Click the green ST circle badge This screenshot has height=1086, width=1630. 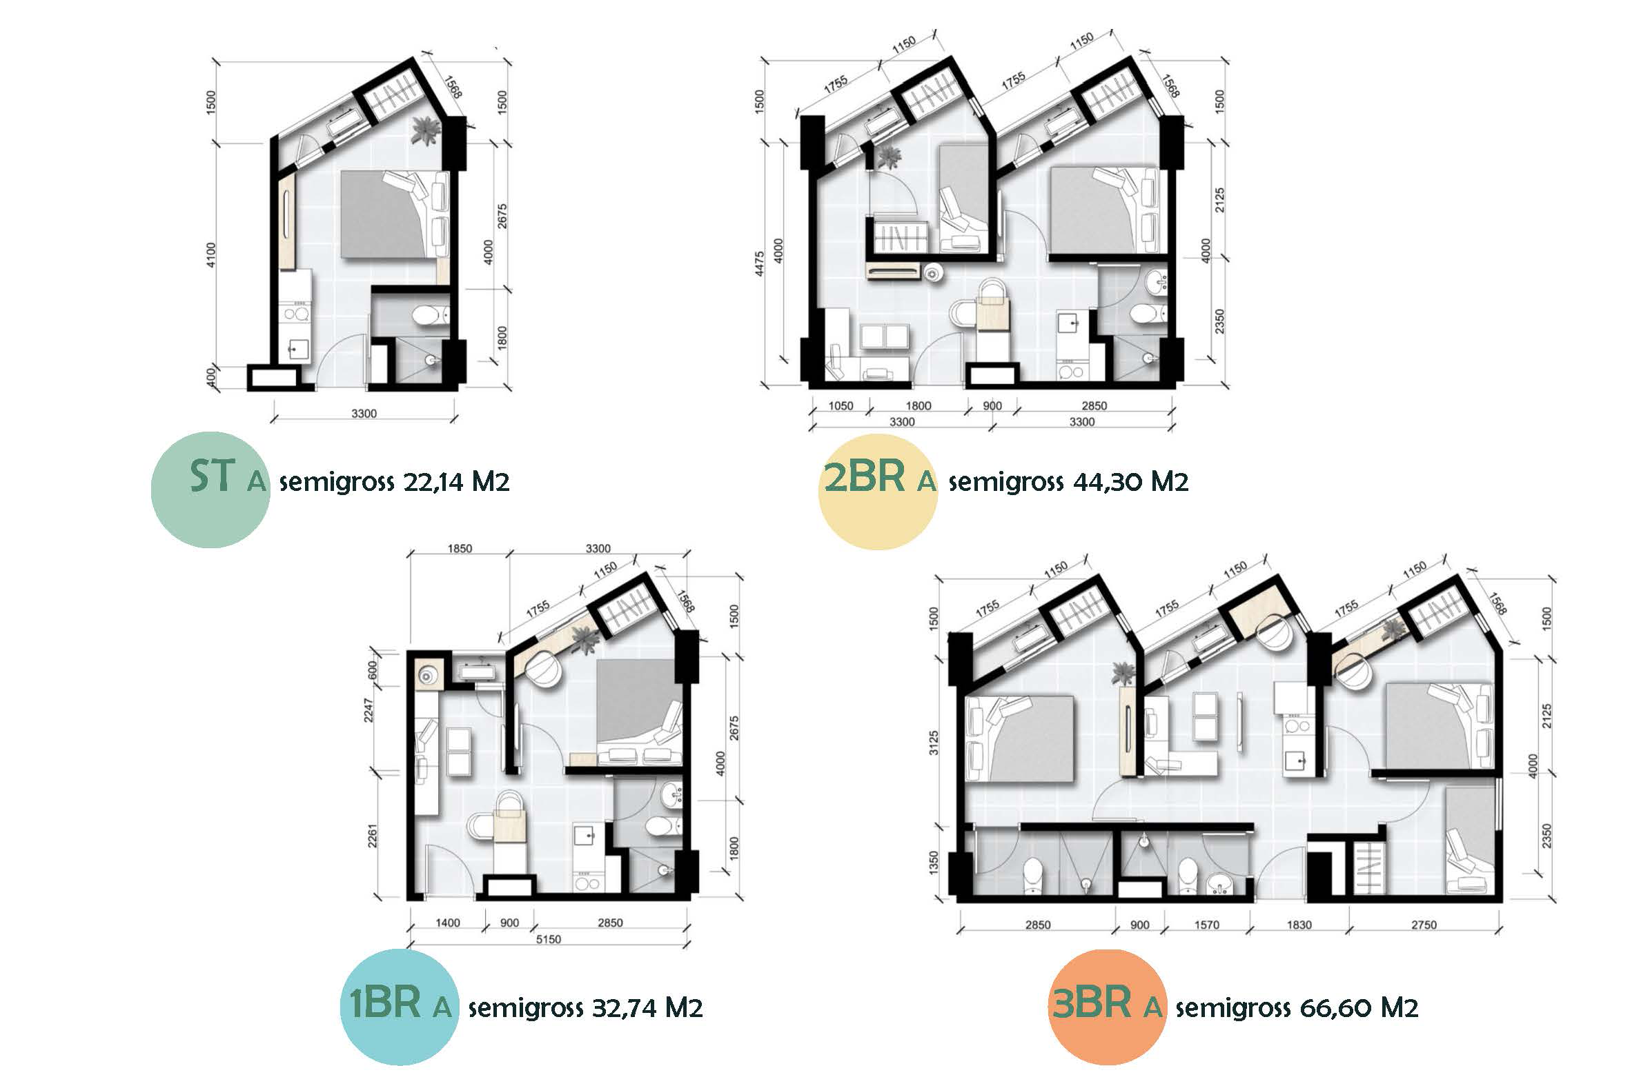[x=210, y=490]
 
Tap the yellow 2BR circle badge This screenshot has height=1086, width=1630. [x=878, y=491]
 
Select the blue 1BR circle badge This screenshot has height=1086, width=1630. [x=400, y=1006]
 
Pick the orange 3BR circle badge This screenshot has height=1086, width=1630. [x=1108, y=1006]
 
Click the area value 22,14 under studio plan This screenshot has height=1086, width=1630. [x=433, y=482]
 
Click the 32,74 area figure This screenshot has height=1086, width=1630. [x=624, y=1007]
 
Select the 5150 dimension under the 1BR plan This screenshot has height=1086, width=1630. [x=548, y=939]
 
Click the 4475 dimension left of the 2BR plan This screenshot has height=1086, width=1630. [x=760, y=264]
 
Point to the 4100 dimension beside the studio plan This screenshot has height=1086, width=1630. [x=211, y=255]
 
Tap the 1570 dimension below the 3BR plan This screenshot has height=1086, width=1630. [x=1206, y=925]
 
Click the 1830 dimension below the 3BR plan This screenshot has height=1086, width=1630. [x=1299, y=925]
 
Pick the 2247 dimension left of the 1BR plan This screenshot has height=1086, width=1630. [x=369, y=710]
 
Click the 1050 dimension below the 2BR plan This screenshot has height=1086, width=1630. [x=841, y=406]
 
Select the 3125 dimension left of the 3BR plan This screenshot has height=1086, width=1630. [x=934, y=743]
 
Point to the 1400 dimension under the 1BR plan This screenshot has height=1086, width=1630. [x=448, y=923]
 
